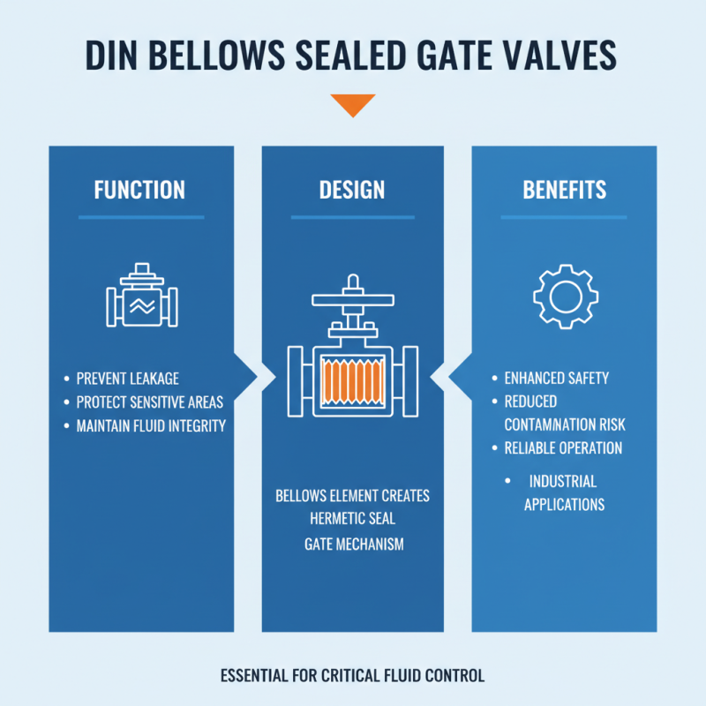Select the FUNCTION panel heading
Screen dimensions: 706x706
click(x=139, y=190)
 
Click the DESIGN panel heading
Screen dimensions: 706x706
click(x=352, y=190)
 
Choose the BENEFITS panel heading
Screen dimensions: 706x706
click(x=564, y=190)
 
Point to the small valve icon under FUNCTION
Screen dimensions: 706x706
click(x=141, y=299)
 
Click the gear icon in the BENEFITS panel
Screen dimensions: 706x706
click(x=565, y=295)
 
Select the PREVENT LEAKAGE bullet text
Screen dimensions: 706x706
click(x=129, y=379)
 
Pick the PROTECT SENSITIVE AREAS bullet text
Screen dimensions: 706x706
click(x=150, y=402)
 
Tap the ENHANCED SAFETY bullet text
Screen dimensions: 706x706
click(x=556, y=379)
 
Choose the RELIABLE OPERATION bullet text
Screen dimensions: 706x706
click(x=563, y=448)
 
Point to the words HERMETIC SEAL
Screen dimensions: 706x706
click(x=352, y=518)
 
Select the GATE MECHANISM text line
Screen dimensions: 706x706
click(x=353, y=544)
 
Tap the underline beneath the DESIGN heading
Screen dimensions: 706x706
click(x=352, y=217)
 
